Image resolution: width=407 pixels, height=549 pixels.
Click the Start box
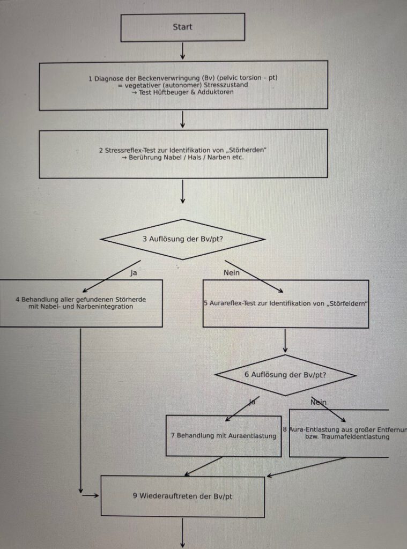(x=182, y=27)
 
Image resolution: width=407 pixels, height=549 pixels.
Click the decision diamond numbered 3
(x=182, y=239)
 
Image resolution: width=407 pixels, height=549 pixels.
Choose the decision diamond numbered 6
(x=285, y=375)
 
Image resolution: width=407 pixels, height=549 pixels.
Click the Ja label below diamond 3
(x=134, y=272)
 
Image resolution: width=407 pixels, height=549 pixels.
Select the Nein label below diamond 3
(x=232, y=272)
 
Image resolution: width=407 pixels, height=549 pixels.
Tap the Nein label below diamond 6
(x=319, y=402)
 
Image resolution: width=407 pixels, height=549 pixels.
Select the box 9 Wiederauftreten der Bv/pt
(x=182, y=496)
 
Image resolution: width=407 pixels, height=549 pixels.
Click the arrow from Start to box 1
(x=182, y=50)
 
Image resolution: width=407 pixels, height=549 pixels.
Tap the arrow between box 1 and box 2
(x=182, y=119)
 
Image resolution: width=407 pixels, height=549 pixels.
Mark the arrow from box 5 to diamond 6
(x=285, y=341)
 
